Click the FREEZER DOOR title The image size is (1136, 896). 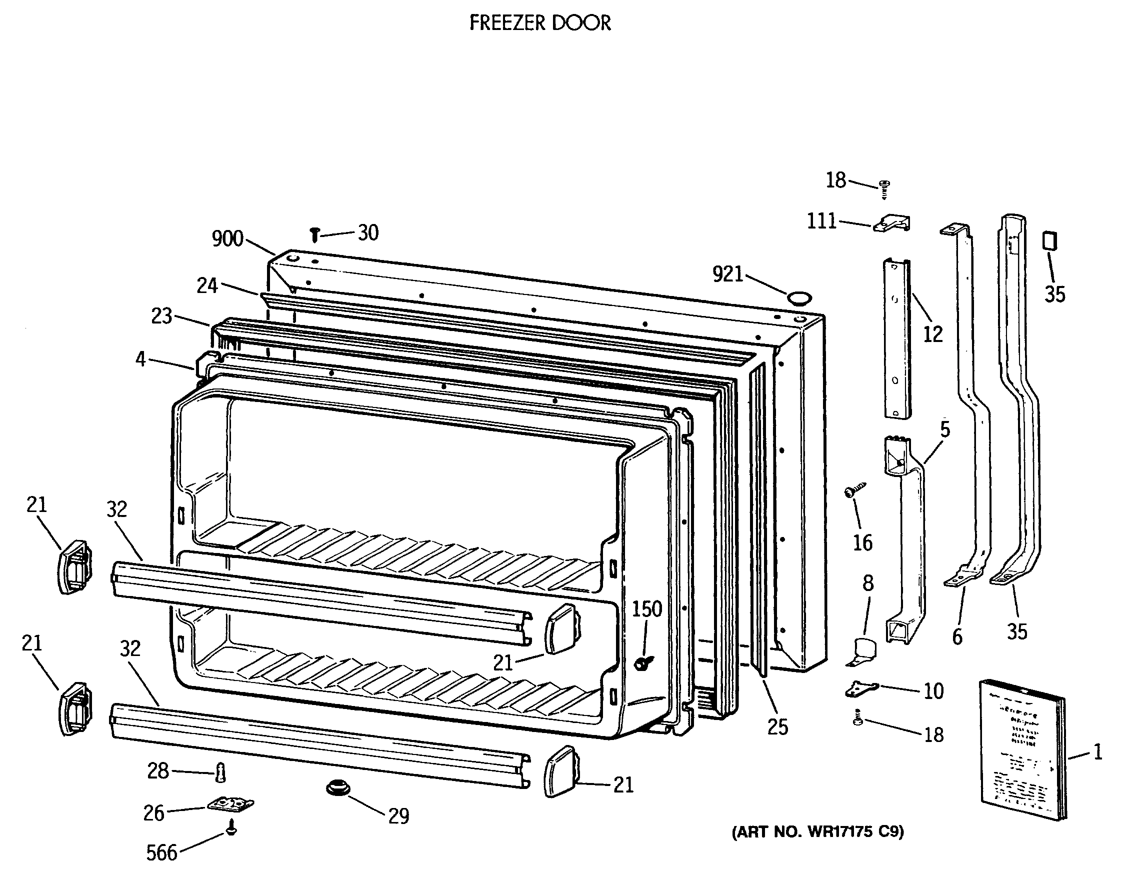[539, 23]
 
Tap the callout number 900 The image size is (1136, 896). [227, 238]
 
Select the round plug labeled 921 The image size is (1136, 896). [799, 298]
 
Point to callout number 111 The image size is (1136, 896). [821, 221]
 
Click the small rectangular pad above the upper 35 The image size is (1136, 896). [1049, 241]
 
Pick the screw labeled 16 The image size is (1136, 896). [853, 490]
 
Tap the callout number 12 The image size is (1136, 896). [932, 333]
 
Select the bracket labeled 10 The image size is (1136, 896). [861, 687]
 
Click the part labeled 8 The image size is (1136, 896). [863, 651]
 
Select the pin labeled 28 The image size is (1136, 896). [221, 772]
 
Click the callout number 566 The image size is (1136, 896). [161, 852]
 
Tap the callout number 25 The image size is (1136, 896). [777, 726]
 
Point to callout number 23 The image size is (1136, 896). [161, 316]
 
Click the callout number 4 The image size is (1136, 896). [140, 359]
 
